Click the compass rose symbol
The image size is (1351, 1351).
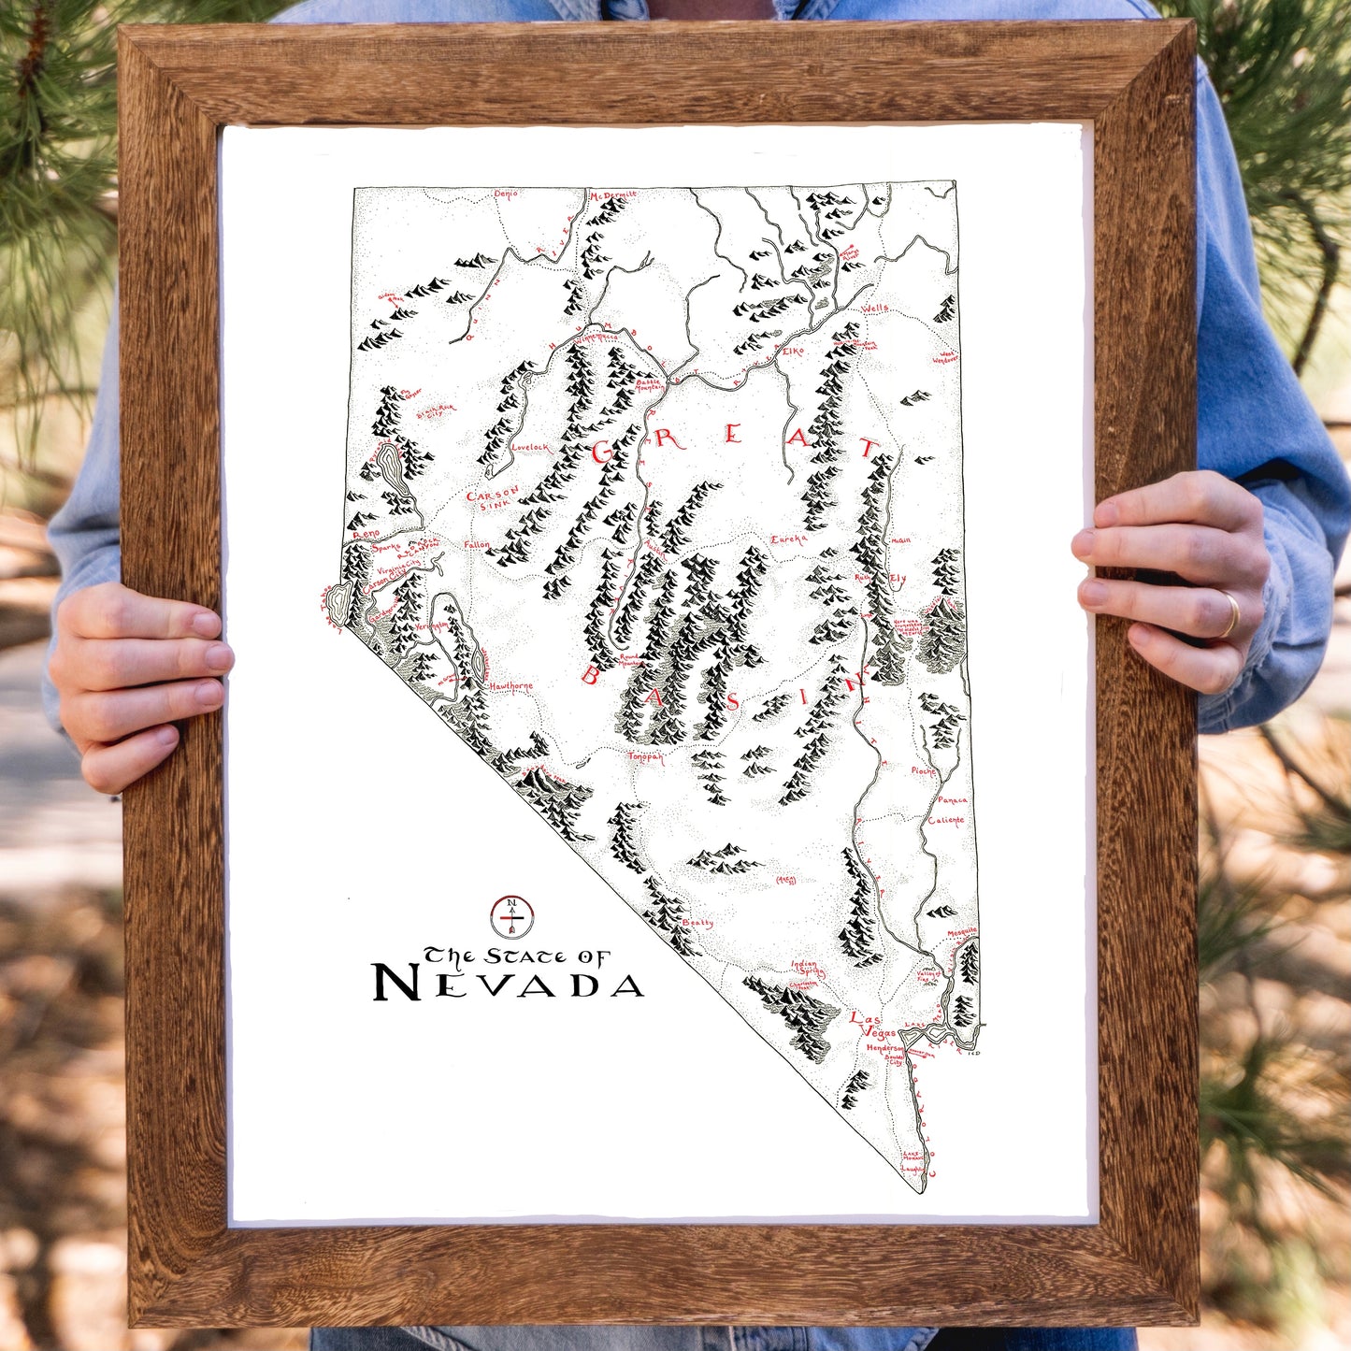(511, 917)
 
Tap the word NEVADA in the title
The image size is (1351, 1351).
(508, 983)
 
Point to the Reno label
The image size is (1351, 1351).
(366, 533)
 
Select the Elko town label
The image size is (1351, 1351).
(793, 351)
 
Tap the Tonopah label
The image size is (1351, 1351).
(646, 757)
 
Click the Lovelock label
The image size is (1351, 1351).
(530, 448)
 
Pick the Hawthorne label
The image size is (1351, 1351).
(510, 686)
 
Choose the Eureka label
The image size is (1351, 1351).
(788, 539)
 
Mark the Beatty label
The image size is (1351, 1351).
(697, 923)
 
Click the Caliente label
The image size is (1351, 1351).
(945, 821)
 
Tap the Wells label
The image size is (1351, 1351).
(875, 308)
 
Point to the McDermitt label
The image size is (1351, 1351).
(613, 194)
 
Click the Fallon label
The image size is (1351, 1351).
(476, 544)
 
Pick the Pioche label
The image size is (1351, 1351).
(923, 771)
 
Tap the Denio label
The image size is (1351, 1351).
(505, 194)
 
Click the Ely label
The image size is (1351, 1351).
(898, 579)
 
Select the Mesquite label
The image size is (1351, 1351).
(961, 932)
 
